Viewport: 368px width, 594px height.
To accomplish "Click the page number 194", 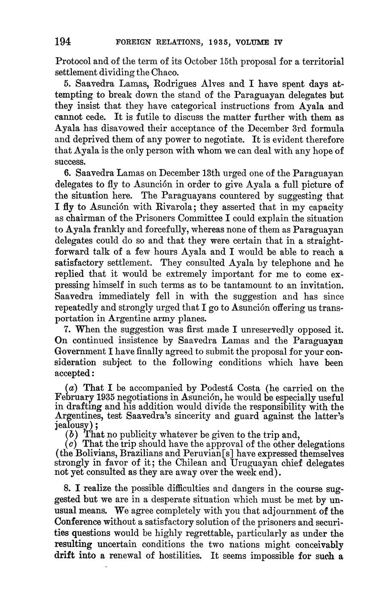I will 63,42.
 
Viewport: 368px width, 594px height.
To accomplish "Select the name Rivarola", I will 162,207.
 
